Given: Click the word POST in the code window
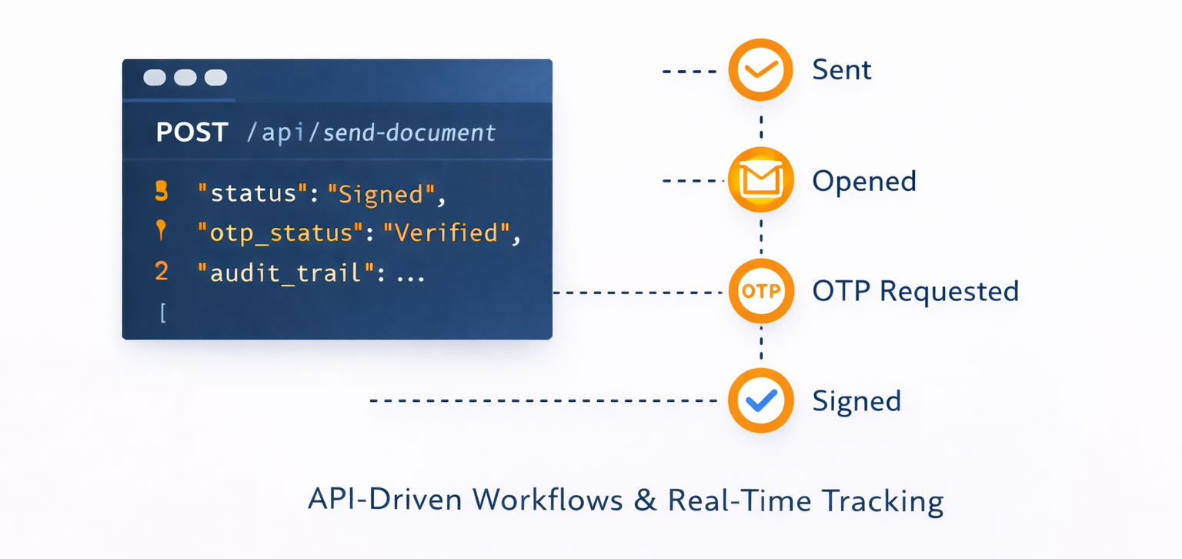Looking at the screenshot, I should tap(192, 132).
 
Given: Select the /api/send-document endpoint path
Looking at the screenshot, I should tap(371, 133).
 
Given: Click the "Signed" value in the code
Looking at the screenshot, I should tap(376, 193).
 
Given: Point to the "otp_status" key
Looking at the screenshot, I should tap(280, 233).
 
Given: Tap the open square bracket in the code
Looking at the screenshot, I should tap(162, 313).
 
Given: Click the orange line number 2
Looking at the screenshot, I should tap(162, 272).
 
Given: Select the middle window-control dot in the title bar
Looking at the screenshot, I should tap(185, 78).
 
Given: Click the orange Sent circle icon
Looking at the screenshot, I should tap(760, 70).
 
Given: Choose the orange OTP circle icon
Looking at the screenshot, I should tap(760, 292).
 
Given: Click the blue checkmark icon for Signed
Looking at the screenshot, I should tap(760, 401).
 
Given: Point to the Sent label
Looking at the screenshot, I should tap(842, 70).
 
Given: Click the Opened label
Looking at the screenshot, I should tap(864, 182).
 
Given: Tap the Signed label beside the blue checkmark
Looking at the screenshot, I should tap(856, 402).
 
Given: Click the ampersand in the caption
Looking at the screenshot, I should tap(645, 501).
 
